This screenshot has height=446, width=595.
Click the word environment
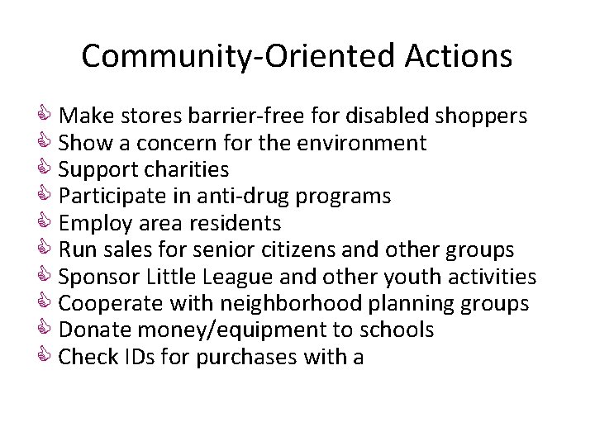coord(359,143)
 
